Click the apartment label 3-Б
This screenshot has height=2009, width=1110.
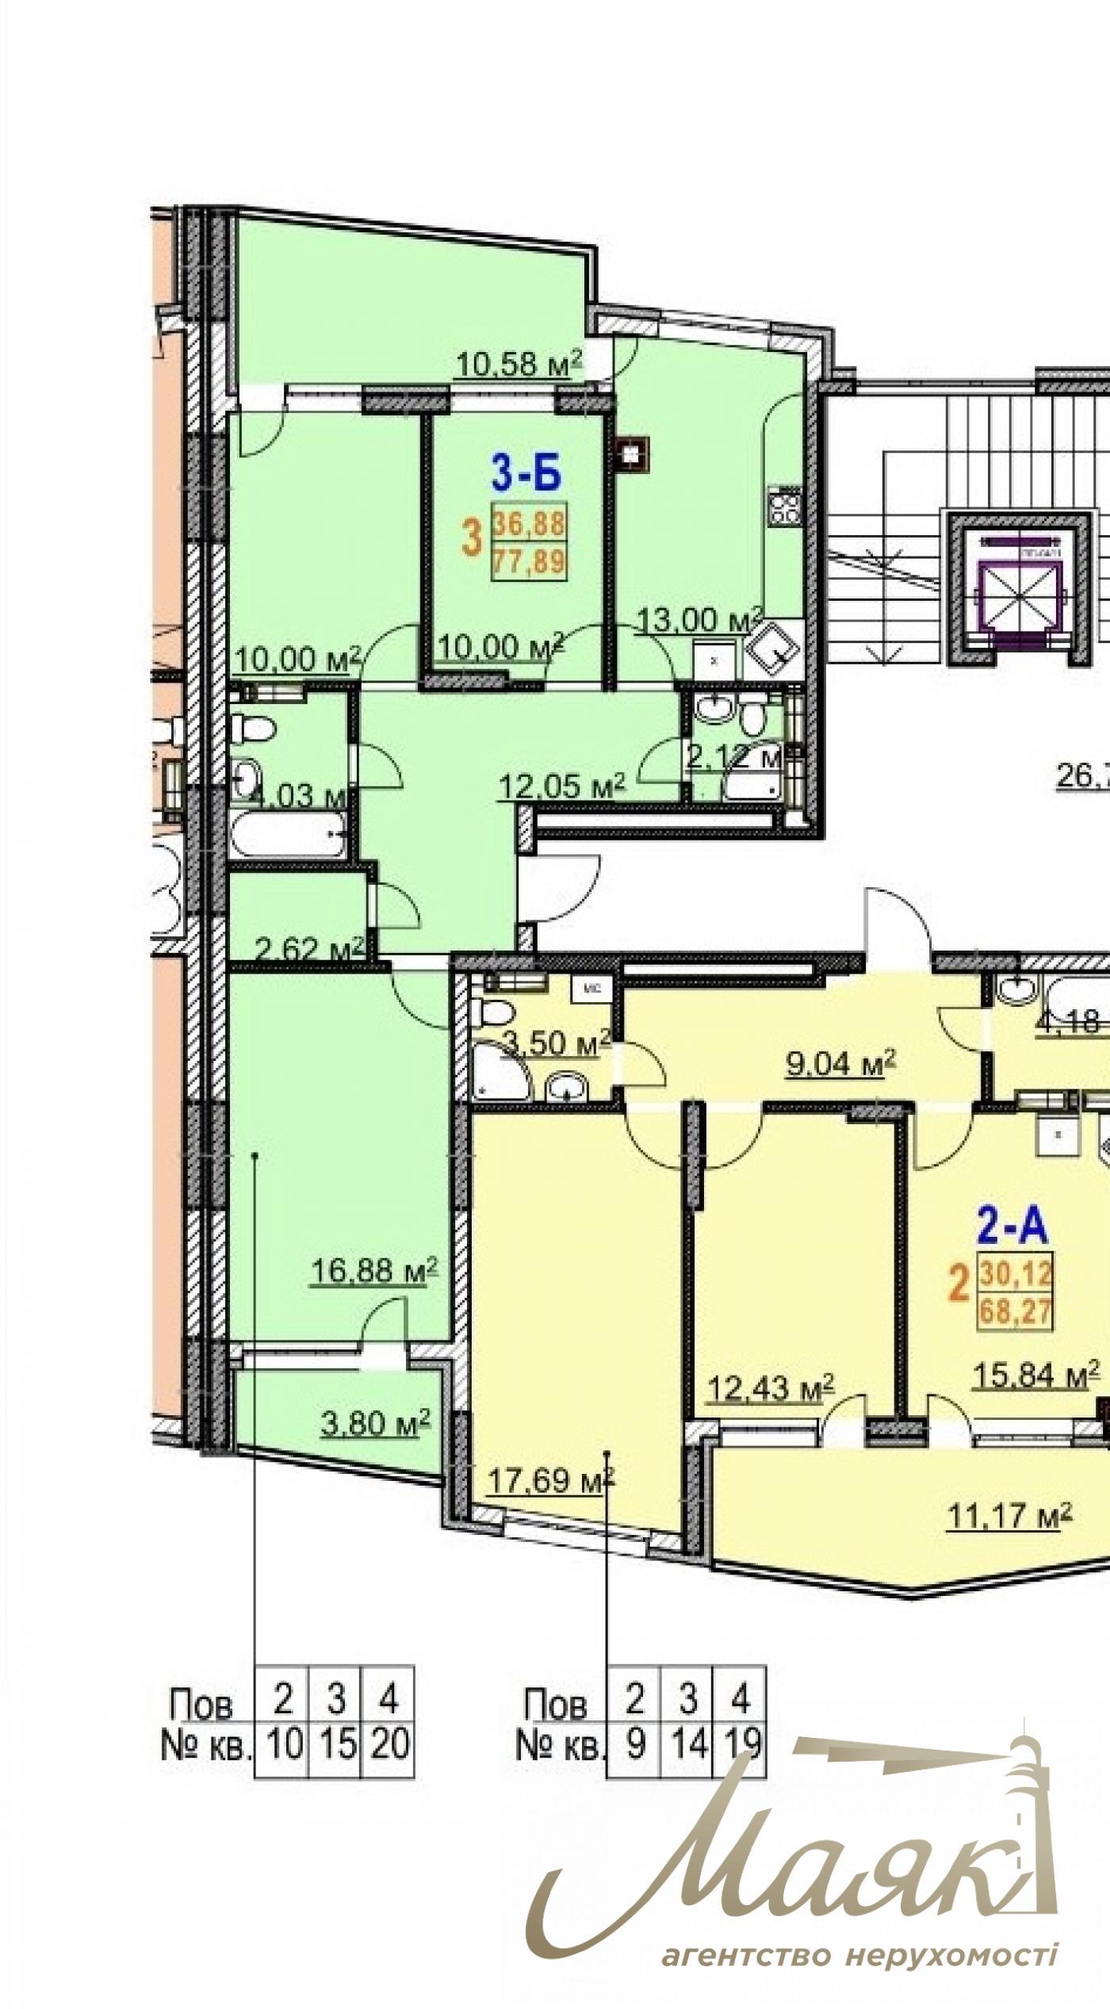[526, 476]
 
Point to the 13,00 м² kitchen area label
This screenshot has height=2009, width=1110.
[690, 619]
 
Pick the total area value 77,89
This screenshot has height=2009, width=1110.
[529, 562]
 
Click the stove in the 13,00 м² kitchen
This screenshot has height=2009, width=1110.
[785, 506]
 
